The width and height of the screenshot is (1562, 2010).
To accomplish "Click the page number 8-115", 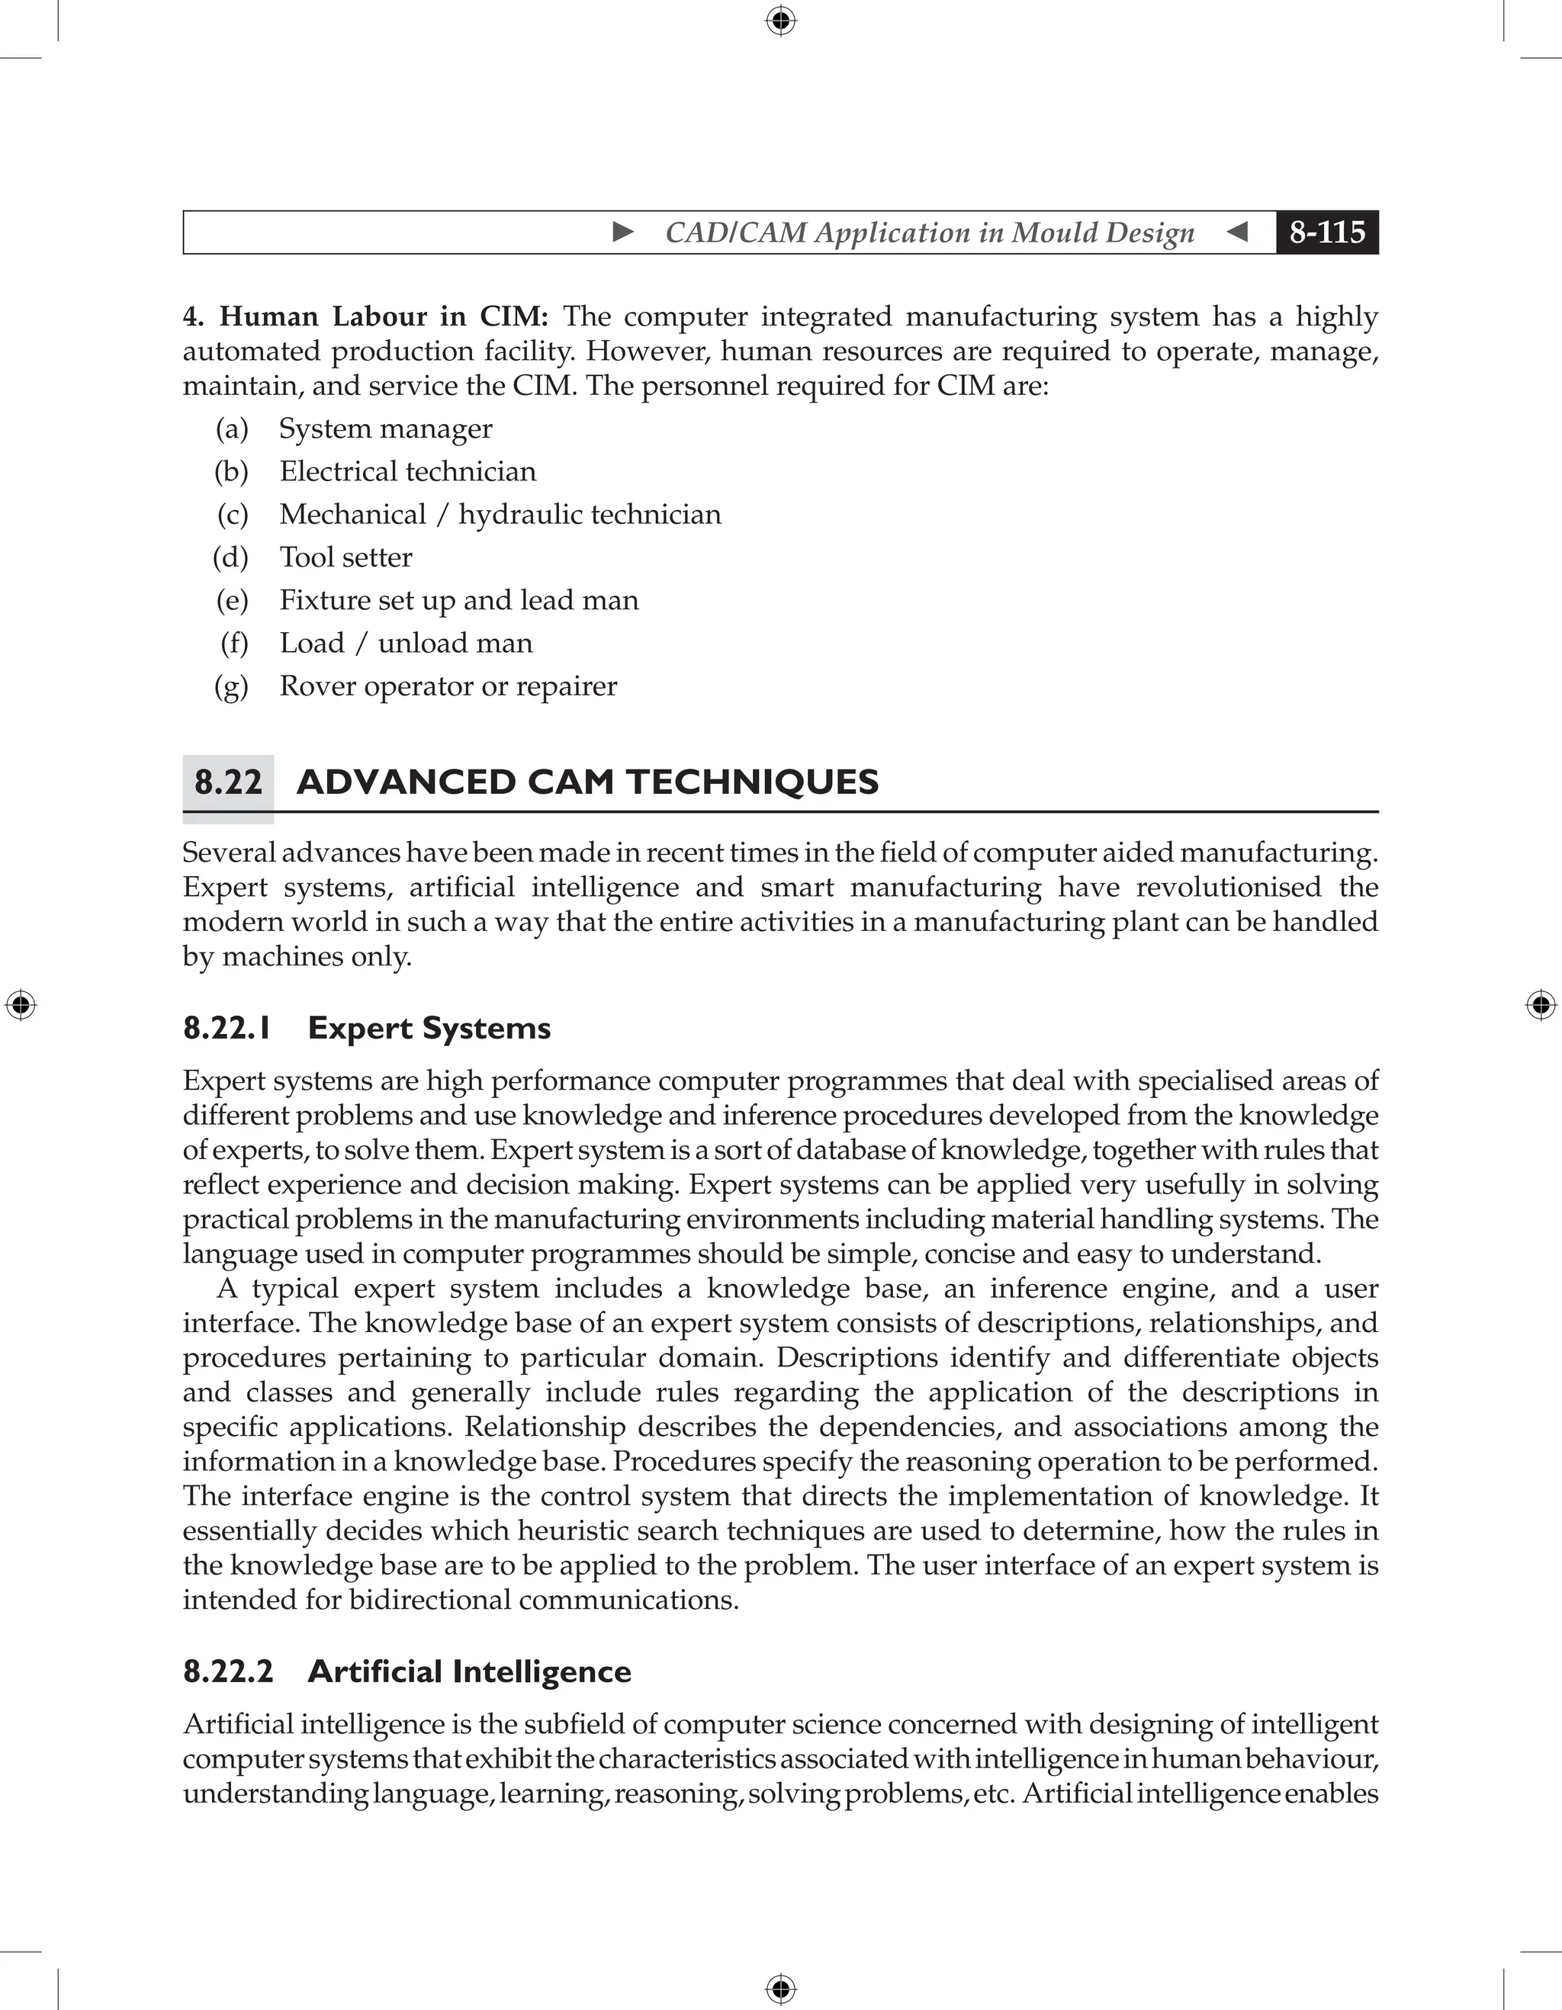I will click(x=1326, y=232).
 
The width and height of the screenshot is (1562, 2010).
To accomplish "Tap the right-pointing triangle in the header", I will click(x=623, y=232).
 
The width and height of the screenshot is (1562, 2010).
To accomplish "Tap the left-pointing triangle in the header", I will click(x=1238, y=232).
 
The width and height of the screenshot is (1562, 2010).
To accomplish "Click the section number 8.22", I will click(x=228, y=782).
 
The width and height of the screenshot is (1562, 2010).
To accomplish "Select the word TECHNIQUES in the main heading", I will click(x=752, y=782).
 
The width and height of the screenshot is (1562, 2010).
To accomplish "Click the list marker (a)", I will click(x=232, y=429).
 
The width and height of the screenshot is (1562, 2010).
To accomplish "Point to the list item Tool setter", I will click(x=346, y=557).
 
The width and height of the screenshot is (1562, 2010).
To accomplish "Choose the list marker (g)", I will click(x=231, y=686).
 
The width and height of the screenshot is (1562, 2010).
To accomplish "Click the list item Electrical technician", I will click(x=408, y=472).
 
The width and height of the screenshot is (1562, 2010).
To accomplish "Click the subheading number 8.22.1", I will click(x=227, y=1028).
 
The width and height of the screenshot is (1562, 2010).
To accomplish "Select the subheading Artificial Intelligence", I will click(x=469, y=1671).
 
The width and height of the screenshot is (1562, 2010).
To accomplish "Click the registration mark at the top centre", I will click(x=780, y=21).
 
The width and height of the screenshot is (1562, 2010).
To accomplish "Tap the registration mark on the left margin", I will click(x=21, y=1005).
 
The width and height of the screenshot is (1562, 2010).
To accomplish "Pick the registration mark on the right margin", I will click(x=1541, y=1005).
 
